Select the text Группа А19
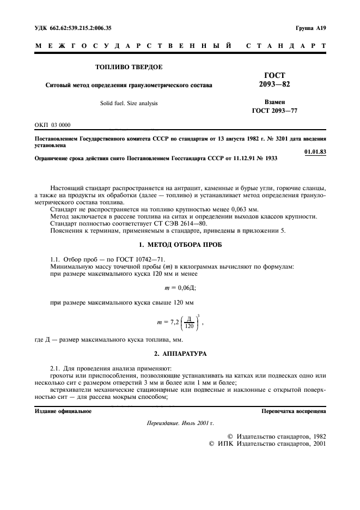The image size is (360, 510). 310,27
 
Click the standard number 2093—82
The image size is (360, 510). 274,84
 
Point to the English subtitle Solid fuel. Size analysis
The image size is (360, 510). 129,103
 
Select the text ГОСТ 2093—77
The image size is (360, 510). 274,111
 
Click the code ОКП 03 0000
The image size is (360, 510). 52,125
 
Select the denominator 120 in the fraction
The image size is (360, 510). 188,326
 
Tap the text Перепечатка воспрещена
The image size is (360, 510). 294,411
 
